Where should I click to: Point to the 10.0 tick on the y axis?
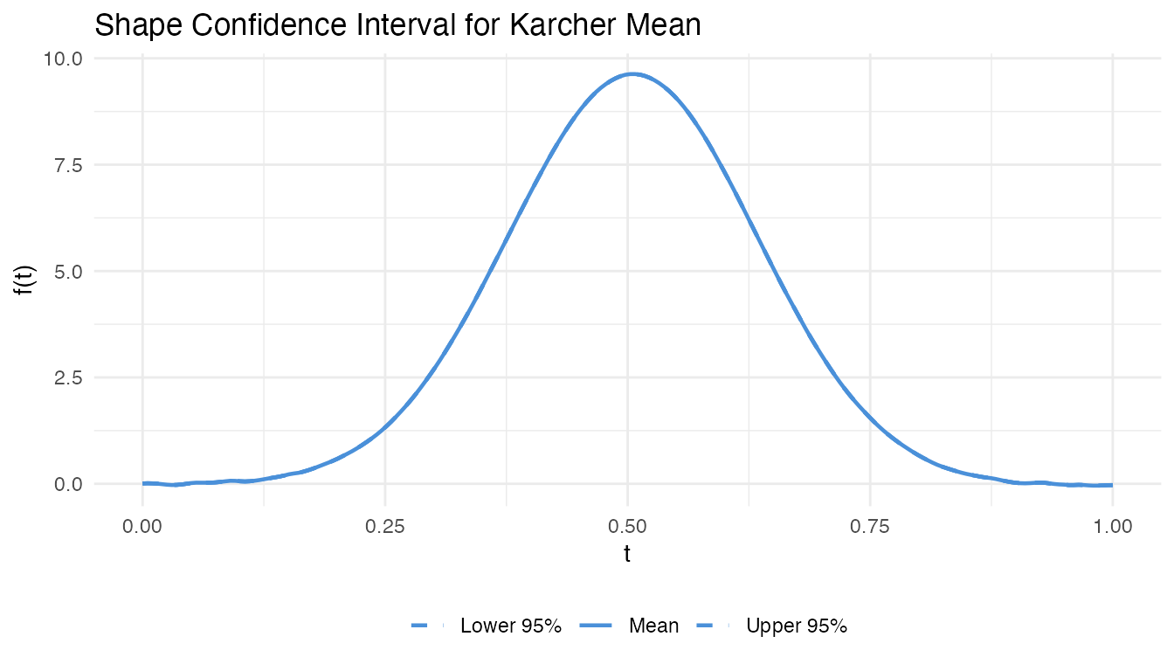[64, 59]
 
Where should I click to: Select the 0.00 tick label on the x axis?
[142, 527]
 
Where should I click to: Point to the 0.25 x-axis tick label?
[385, 527]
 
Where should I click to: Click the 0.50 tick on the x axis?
[627, 527]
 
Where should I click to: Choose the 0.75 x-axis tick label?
[870, 527]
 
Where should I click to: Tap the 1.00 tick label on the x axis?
[1112, 527]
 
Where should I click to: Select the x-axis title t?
[627, 554]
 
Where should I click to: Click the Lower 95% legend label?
[511, 626]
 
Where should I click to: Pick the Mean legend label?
[653, 626]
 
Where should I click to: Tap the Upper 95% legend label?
[797, 626]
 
